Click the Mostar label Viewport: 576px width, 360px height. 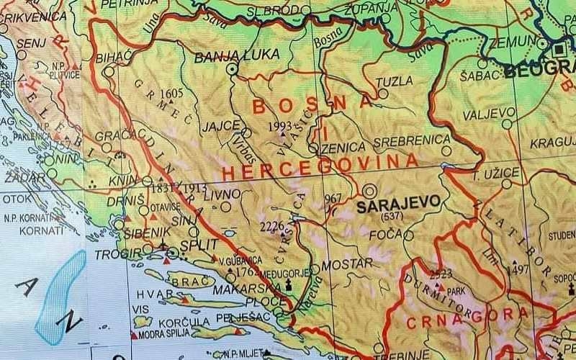coord(346,264)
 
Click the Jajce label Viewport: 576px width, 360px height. coord(220,125)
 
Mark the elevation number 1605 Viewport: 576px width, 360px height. coord(172,94)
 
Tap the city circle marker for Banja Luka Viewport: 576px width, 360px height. coord(232,69)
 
